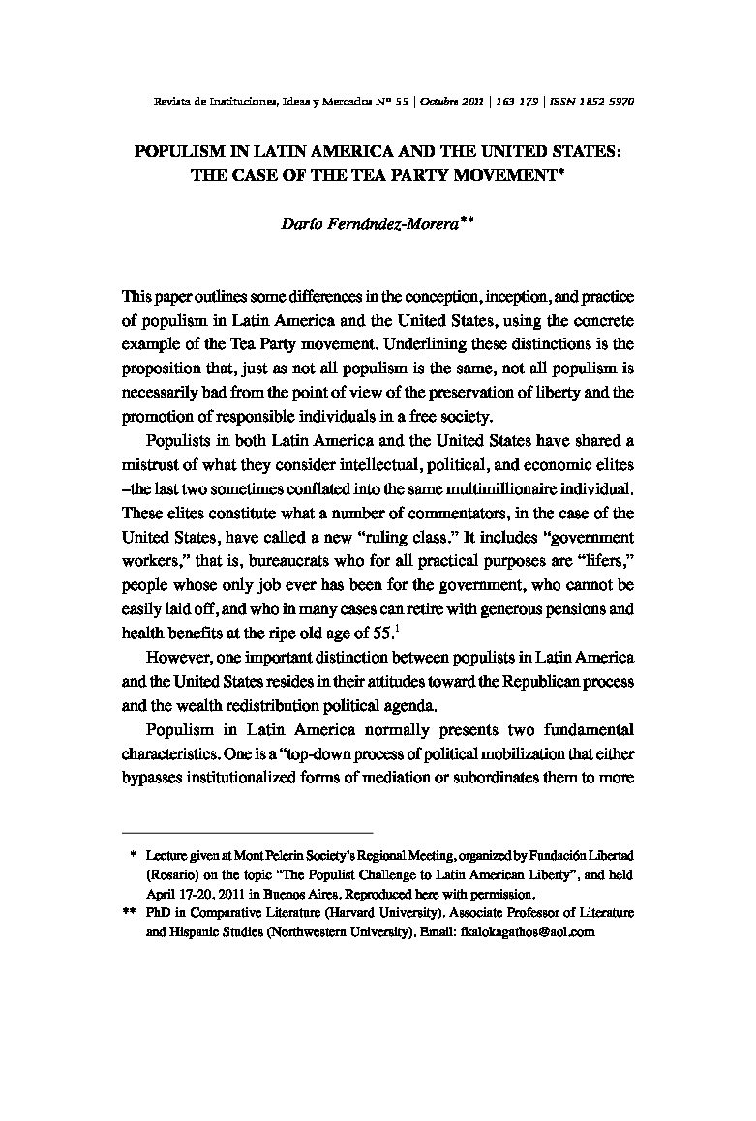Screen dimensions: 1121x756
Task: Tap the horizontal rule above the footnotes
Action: click(248, 832)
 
